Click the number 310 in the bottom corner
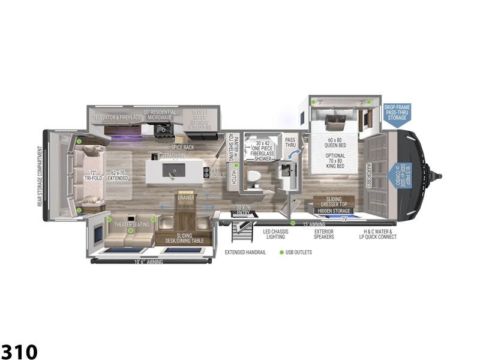[x=19, y=351]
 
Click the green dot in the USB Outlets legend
[x=282, y=252]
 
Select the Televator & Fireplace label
[x=116, y=116]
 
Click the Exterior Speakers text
[x=323, y=234]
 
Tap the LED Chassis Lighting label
[x=275, y=234]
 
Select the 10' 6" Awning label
[x=148, y=262]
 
